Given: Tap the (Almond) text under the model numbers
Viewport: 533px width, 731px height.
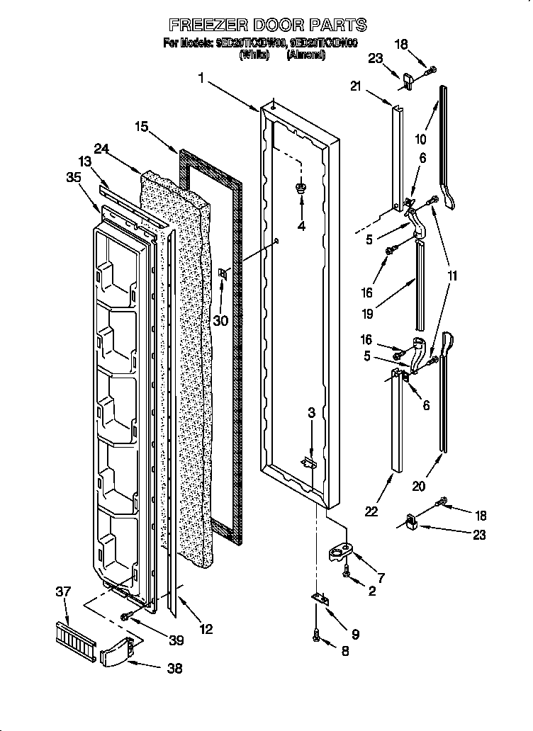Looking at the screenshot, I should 305,55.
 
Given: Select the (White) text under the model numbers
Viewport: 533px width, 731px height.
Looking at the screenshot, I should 254,55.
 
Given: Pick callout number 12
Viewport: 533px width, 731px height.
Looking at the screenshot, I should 205,628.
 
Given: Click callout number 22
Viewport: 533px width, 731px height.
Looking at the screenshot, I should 371,510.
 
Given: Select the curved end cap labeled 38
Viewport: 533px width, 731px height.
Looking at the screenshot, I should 116,651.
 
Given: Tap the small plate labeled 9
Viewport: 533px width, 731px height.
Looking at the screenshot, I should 320,600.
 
